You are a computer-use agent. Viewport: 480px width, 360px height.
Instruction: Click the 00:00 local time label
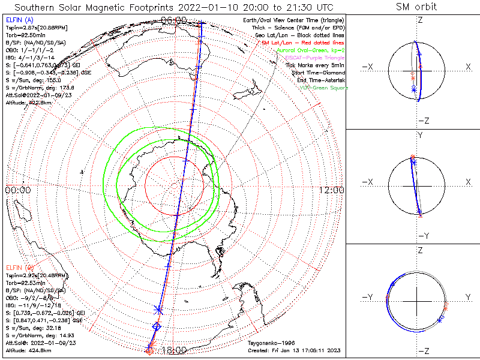pyautogui.click(x=17, y=190)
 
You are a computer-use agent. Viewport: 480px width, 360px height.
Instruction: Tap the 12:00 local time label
pyautogui.click(x=332, y=190)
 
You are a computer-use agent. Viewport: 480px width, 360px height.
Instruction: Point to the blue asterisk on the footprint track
pyautogui.click(x=158, y=310)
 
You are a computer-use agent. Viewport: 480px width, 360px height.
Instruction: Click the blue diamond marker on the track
pyautogui.click(x=157, y=326)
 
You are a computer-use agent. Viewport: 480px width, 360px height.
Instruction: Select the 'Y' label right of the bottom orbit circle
pyautogui.click(x=468, y=297)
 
